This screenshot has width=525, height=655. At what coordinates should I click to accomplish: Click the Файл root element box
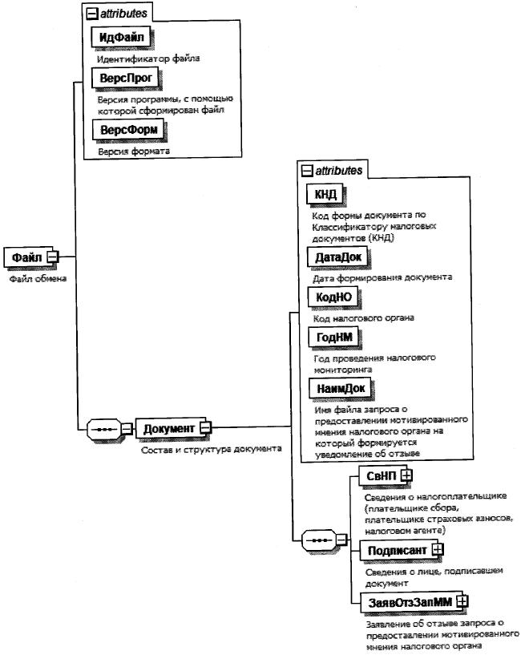click(x=26, y=257)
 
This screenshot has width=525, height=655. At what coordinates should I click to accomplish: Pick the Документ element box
click(x=168, y=428)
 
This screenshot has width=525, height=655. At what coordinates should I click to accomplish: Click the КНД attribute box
click(x=325, y=196)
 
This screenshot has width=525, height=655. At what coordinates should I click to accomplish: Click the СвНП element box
click(x=381, y=476)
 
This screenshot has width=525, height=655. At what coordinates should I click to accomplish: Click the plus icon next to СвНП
click(x=407, y=476)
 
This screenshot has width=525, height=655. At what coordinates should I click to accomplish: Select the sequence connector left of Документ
click(x=104, y=428)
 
